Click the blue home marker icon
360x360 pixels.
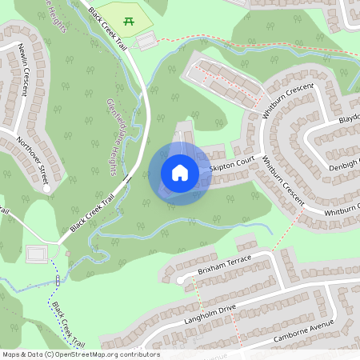point(179,173)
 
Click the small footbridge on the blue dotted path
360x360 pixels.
point(58,280)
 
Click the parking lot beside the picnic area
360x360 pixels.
point(146,41)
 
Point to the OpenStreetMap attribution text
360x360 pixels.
point(80,354)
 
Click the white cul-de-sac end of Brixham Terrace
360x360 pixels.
point(180,282)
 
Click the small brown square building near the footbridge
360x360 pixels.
point(68,254)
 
